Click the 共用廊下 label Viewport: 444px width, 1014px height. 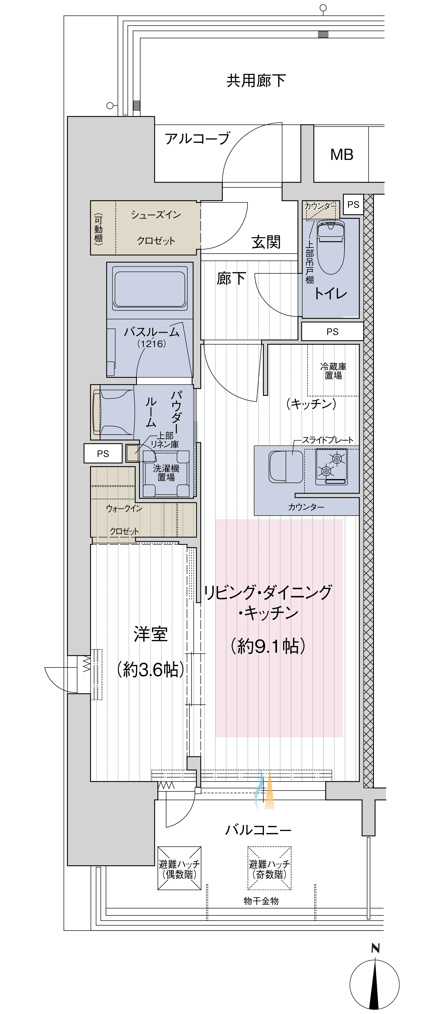[256, 81]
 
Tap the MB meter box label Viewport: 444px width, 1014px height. [342, 155]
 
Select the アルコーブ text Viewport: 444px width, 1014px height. [197, 139]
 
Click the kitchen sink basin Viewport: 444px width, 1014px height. [286, 466]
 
